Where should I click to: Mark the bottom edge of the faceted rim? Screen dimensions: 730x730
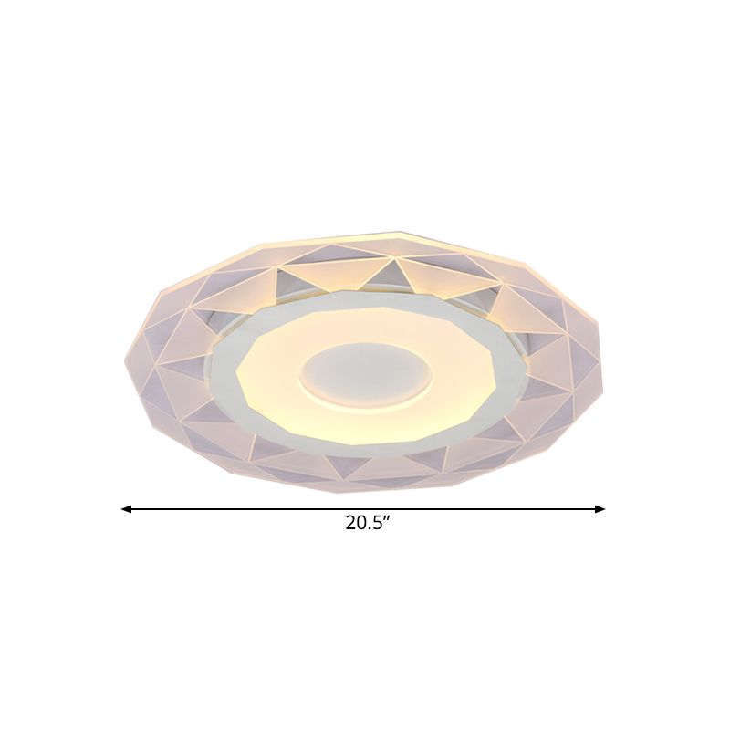tap(365, 490)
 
